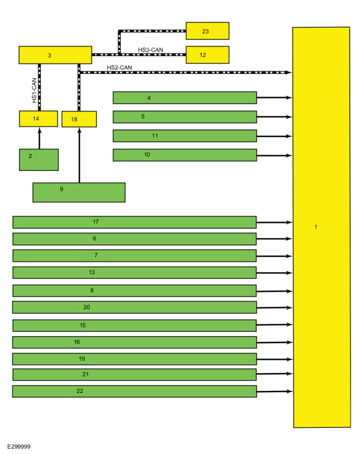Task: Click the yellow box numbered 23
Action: (208, 30)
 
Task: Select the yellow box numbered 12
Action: (208, 55)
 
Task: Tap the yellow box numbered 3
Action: (55, 55)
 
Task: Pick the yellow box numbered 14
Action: (38, 119)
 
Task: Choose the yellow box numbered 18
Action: (79, 119)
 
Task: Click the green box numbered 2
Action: (39, 160)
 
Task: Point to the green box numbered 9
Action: (79, 192)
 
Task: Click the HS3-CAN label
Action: (151, 50)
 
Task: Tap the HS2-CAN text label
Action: (119, 68)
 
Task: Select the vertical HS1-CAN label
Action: (34, 90)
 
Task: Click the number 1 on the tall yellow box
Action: (316, 227)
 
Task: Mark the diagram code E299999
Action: (19, 446)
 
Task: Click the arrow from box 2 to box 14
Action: (40, 139)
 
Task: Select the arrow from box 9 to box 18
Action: (79, 155)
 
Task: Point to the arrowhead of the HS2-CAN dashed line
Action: (288, 73)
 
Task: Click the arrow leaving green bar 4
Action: (274, 98)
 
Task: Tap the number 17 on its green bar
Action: (95, 222)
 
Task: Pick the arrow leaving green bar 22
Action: (275, 391)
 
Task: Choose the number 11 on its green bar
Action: (155, 135)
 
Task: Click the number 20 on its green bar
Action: (86, 307)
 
